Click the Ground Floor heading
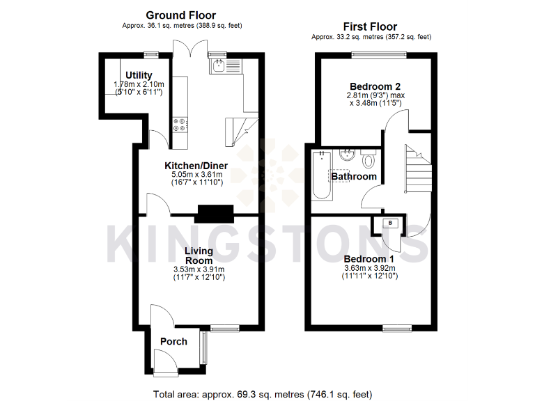tap(180, 15)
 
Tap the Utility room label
tap(139, 75)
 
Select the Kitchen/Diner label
tap(196, 166)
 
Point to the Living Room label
tap(199, 255)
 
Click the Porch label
tap(173, 342)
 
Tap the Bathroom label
tap(354, 176)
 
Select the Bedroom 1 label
tap(369, 258)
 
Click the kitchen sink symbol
tap(219, 66)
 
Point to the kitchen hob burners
tap(179, 123)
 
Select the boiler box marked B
tap(390, 223)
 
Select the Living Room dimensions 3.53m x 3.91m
tap(199, 269)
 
